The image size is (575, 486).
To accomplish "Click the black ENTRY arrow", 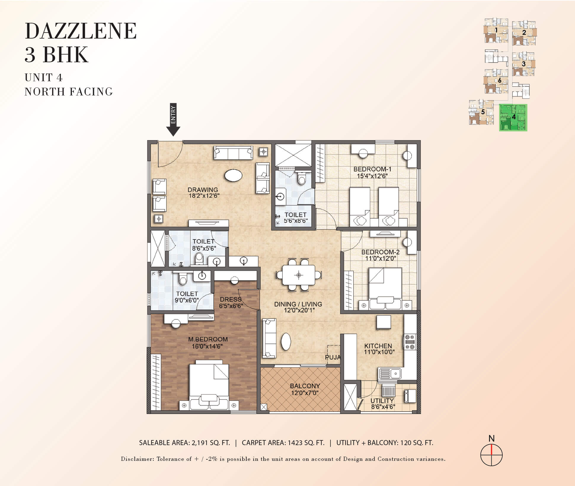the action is click(173, 120).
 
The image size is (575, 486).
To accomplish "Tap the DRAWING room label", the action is click(203, 190).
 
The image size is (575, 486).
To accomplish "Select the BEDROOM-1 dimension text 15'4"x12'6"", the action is click(372, 176).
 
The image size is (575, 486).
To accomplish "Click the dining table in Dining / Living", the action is click(298, 275).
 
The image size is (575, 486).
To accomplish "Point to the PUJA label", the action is click(333, 357).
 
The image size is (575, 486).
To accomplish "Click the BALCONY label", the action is click(305, 386).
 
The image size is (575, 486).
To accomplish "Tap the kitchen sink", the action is click(389, 374).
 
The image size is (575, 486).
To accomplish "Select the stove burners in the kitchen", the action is click(410, 342).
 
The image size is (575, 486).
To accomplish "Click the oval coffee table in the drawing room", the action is click(234, 175).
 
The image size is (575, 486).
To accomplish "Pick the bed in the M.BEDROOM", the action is click(209, 385).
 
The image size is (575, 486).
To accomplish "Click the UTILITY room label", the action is click(382, 401).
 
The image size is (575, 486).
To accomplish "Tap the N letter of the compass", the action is click(491, 438).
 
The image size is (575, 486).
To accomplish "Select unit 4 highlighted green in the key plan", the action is click(513, 117).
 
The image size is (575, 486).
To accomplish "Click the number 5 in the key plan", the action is click(483, 112).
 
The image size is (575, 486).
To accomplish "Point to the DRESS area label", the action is click(231, 299).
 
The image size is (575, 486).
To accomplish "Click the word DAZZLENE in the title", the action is click(81, 31).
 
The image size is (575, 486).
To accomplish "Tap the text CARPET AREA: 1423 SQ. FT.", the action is click(283, 443).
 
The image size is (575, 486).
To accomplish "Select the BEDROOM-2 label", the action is click(380, 252).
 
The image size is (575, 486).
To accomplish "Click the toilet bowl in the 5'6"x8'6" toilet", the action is click(301, 178).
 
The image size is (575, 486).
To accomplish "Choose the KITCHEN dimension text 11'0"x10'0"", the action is click(379, 352).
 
